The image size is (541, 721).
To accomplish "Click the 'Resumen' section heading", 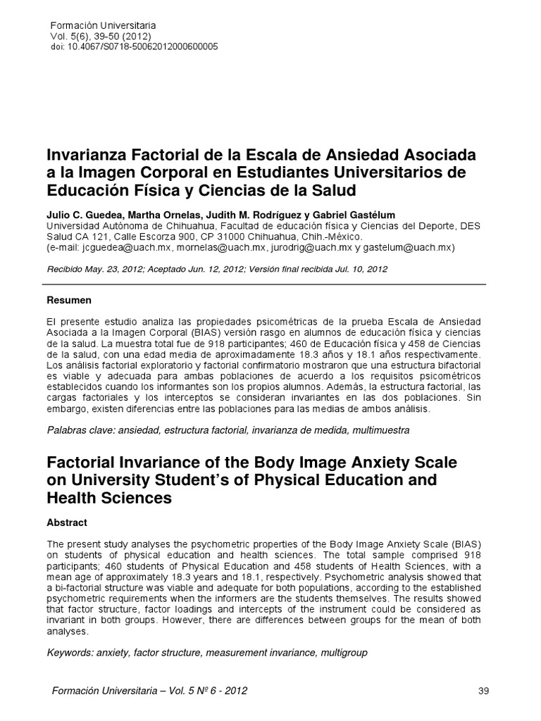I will pos(69,300).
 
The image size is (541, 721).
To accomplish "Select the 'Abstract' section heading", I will pos(67,522).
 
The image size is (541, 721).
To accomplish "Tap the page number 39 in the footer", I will pos(483,691).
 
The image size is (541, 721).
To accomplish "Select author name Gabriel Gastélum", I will pos(344,214).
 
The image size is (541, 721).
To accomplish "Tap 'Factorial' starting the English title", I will pos(81,463).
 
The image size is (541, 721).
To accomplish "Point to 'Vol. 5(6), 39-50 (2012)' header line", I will pos(100,35).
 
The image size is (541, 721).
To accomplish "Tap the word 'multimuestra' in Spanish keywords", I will pos(383,429).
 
